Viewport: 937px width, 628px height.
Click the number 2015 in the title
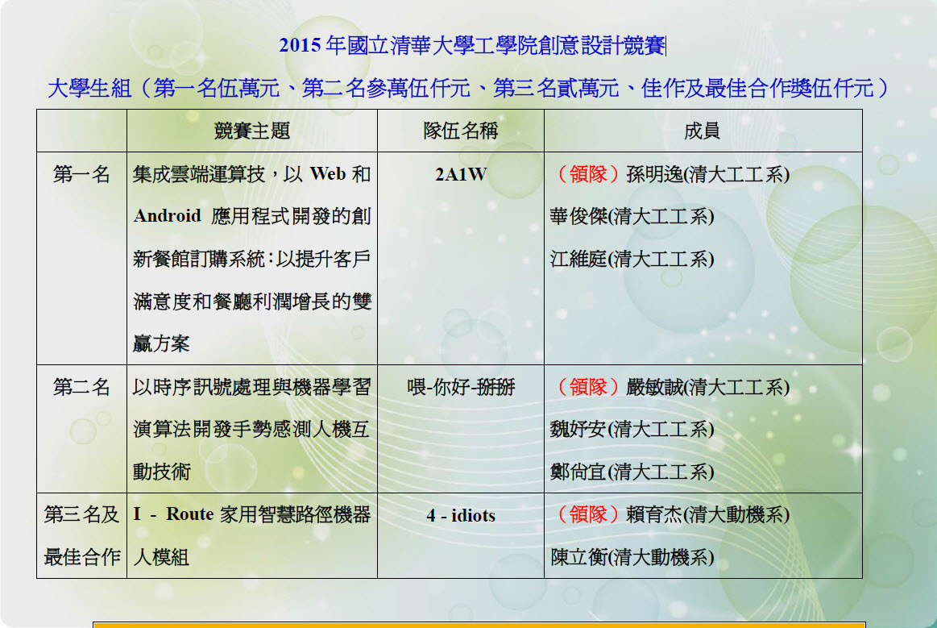pos(300,45)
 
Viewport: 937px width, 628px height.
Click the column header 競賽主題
pos(252,131)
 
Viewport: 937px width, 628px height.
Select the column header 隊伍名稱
pos(461,131)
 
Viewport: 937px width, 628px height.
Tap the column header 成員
pos(703,131)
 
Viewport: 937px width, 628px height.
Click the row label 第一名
pos(82,174)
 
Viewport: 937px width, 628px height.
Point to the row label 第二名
pos(82,387)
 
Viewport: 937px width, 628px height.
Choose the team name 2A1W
pos(461,175)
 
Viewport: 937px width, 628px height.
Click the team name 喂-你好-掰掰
pos(461,388)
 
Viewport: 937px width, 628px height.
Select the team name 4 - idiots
pos(461,516)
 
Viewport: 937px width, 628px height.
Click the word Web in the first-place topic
pos(328,174)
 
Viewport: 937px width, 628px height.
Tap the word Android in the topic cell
pos(168,216)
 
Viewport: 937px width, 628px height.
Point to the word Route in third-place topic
pos(190,514)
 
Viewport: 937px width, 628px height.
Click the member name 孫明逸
pos(655,174)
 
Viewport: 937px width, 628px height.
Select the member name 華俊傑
pos(578,217)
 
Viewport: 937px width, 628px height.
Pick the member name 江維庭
pos(578,259)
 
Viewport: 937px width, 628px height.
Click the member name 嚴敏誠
pos(655,387)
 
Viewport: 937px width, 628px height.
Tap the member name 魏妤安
pos(578,430)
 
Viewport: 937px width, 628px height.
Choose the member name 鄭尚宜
pos(578,472)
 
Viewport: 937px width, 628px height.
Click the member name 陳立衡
pos(578,557)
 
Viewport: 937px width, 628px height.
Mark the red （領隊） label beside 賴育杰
pos(588,514)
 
